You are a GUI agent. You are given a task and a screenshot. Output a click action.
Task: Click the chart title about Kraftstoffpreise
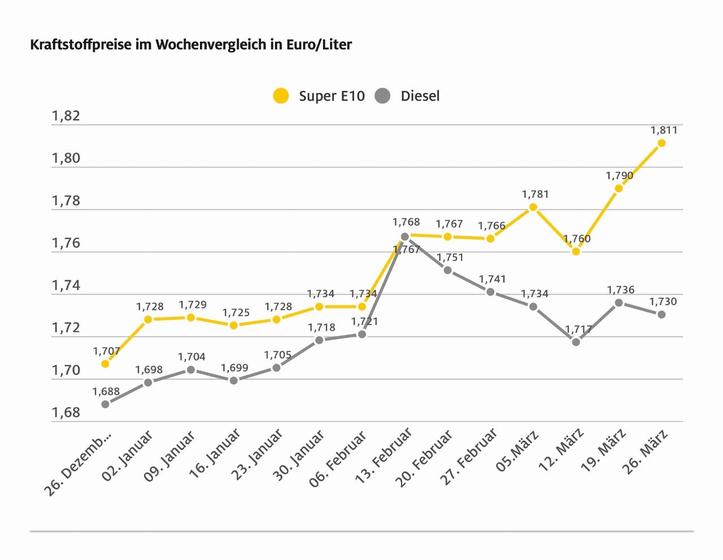191,45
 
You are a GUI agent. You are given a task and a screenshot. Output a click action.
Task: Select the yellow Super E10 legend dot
280,95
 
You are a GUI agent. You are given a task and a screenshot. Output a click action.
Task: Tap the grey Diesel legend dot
382,95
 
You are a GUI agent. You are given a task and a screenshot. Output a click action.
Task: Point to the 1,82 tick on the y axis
66,116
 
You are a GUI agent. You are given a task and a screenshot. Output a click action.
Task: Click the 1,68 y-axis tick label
66,413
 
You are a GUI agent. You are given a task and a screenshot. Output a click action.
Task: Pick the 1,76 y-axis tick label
66,243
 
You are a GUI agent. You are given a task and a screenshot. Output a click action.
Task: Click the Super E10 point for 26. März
661,143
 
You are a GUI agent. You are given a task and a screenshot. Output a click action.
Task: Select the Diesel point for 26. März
661,314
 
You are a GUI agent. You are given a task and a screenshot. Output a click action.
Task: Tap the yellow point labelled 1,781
533,207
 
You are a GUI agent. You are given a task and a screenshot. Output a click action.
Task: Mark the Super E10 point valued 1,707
105,364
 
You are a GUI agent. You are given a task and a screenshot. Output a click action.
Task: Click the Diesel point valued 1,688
105,404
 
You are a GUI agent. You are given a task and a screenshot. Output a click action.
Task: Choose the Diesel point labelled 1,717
576,342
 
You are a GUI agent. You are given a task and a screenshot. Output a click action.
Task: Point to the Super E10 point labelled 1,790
619,188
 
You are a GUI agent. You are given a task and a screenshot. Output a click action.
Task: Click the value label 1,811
664,130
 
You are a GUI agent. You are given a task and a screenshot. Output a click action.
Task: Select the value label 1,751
450,258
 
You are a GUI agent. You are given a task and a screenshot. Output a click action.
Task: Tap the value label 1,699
234,368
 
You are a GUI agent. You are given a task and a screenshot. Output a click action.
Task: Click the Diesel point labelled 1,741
490,292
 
